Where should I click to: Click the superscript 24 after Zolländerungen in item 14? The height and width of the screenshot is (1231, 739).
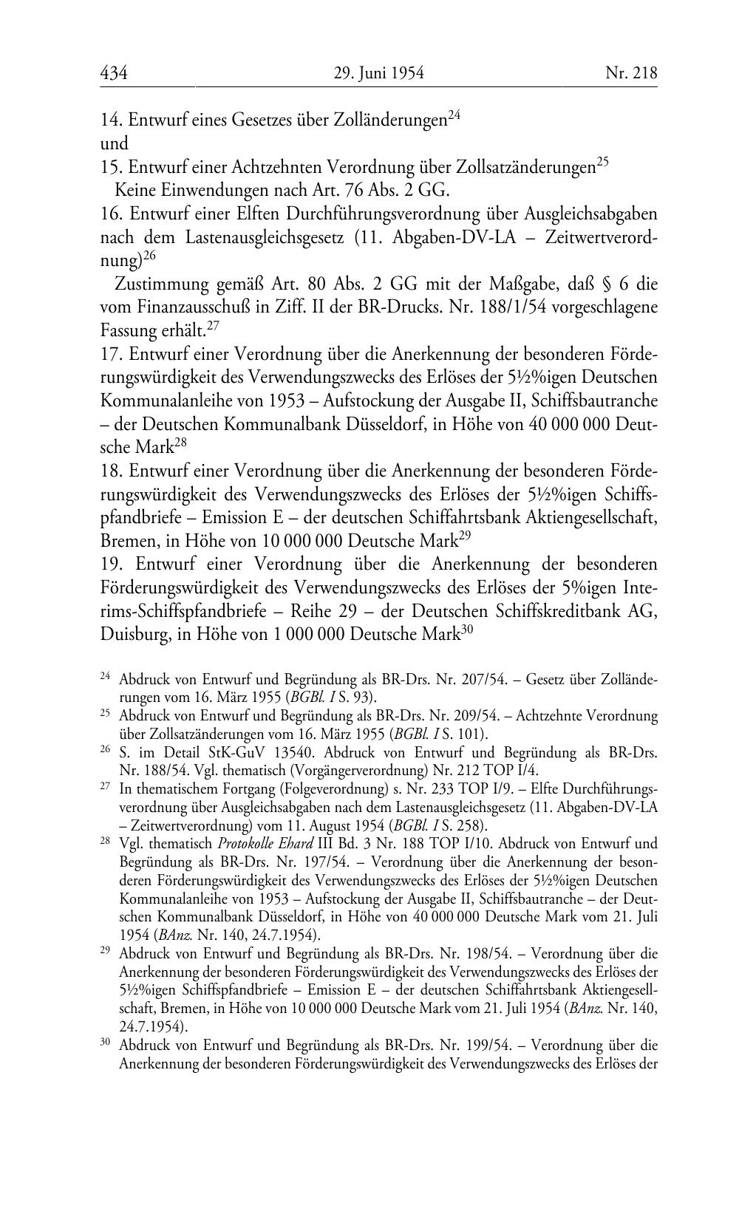coord(454,115)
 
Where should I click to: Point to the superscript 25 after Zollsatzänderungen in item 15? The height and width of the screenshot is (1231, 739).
coord(602,162)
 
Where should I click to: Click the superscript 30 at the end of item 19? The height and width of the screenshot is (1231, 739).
coord(466,630)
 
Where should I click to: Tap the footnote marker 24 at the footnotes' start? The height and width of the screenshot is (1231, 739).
coord(105,675)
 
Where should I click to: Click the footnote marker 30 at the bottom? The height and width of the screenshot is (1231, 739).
coord(105,1043)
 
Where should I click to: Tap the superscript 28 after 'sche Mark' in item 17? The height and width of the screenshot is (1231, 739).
coord(181,443)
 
